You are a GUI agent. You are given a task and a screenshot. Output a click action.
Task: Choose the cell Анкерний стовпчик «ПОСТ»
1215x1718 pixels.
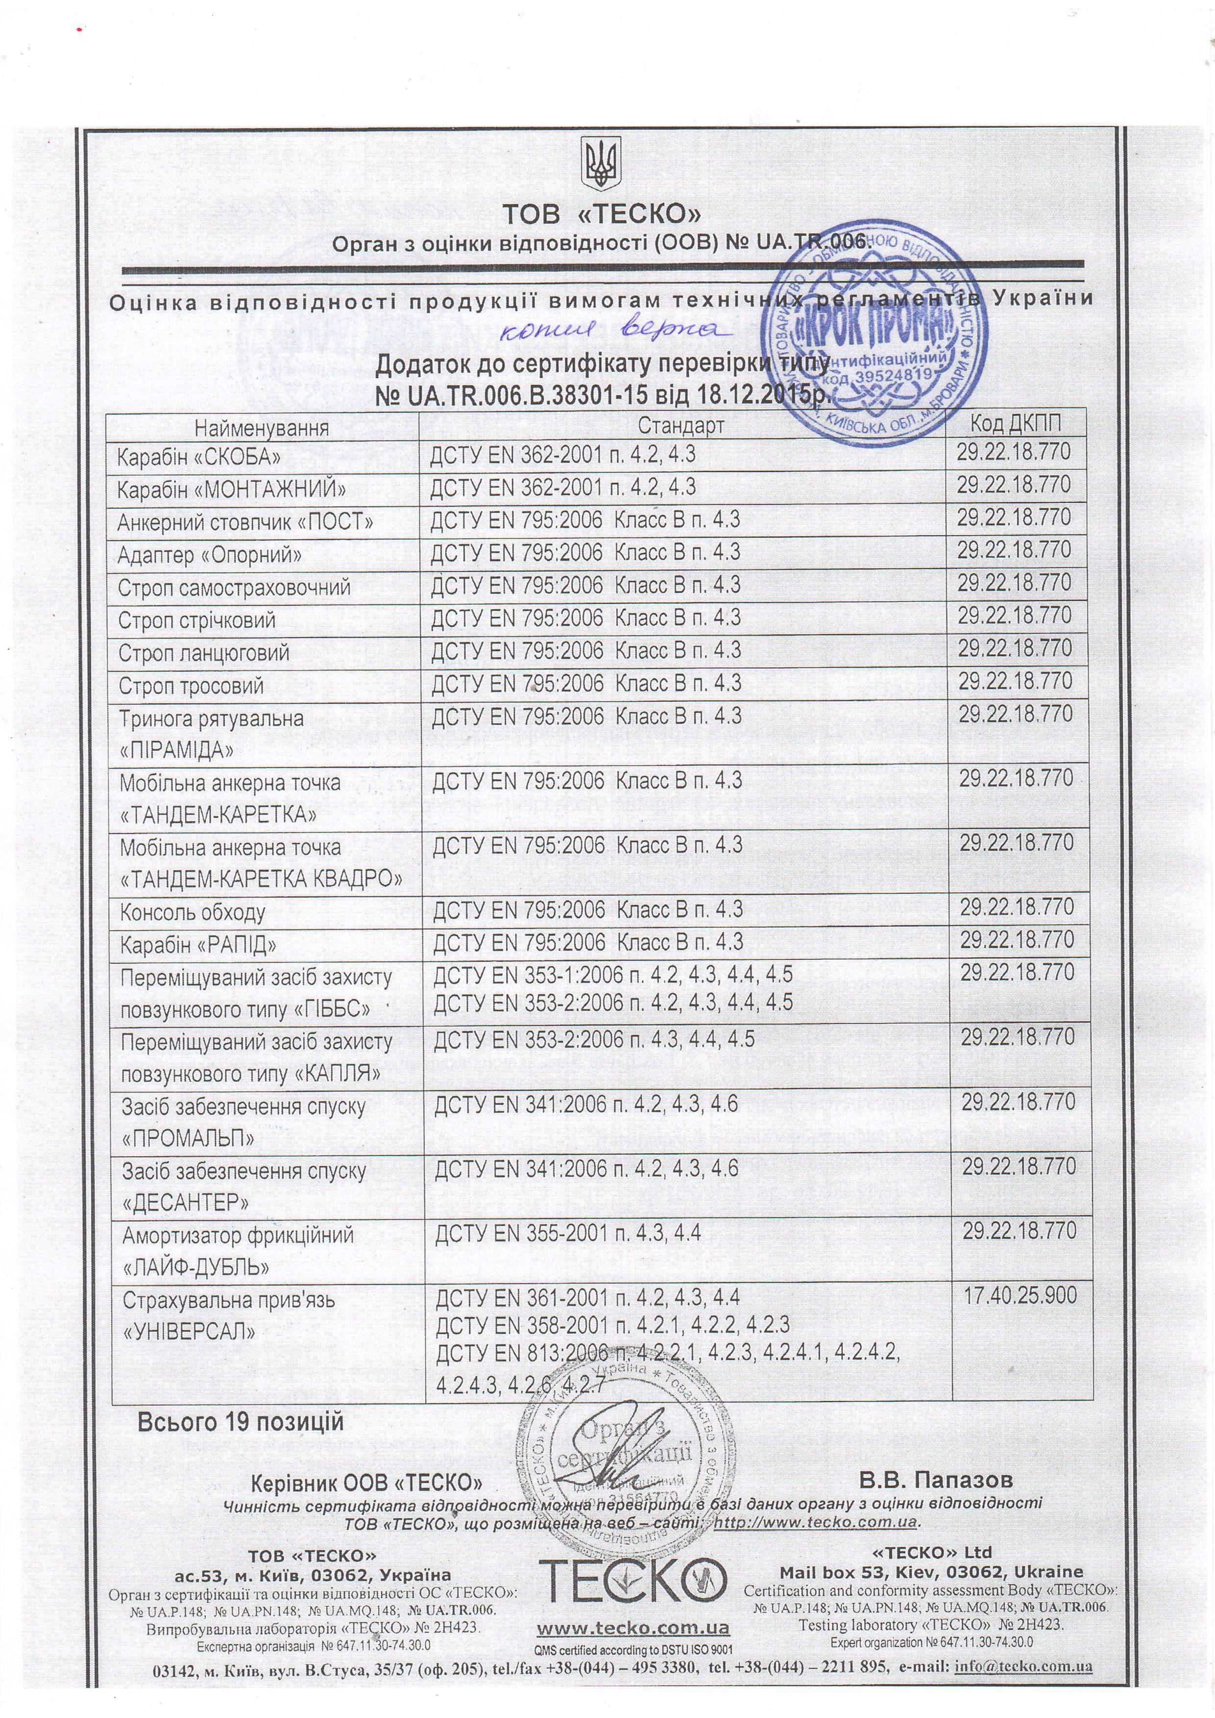click(245, 522)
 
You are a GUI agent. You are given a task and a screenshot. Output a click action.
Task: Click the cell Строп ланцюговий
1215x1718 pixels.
click(204, 652)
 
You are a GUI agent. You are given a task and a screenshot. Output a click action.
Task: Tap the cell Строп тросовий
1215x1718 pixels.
click(191, 686)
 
